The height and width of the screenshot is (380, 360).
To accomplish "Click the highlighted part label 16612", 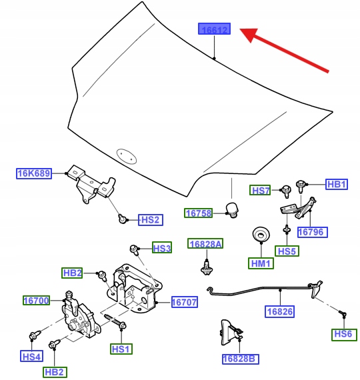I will coord(214,30).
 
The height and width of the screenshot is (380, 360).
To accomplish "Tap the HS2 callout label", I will coord(150,219).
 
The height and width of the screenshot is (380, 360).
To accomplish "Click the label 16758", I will coord(199,213).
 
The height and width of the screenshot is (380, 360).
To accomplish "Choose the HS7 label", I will coord(261,191).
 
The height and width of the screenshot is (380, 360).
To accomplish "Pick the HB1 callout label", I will coord(337,184).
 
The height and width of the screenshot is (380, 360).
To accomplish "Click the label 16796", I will coord(310,232).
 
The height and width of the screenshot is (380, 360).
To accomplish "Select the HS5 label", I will coord(287,251).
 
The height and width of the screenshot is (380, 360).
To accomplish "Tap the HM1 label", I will coord(261,264).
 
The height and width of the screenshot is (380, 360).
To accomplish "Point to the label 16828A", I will coord(205,244).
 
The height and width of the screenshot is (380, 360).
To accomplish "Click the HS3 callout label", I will coord(162,249).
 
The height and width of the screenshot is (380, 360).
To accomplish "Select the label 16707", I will coord(184,302).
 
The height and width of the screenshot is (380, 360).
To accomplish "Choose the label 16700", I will coord(36,301).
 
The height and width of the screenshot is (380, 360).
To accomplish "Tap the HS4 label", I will coord(32,357).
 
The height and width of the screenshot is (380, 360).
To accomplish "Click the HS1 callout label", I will coord(122,349).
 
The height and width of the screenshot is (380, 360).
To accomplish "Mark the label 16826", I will coord(279,311).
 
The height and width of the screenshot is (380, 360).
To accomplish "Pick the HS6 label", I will coord(343,335).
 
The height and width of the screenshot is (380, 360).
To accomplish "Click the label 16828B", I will coord(239,359).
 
